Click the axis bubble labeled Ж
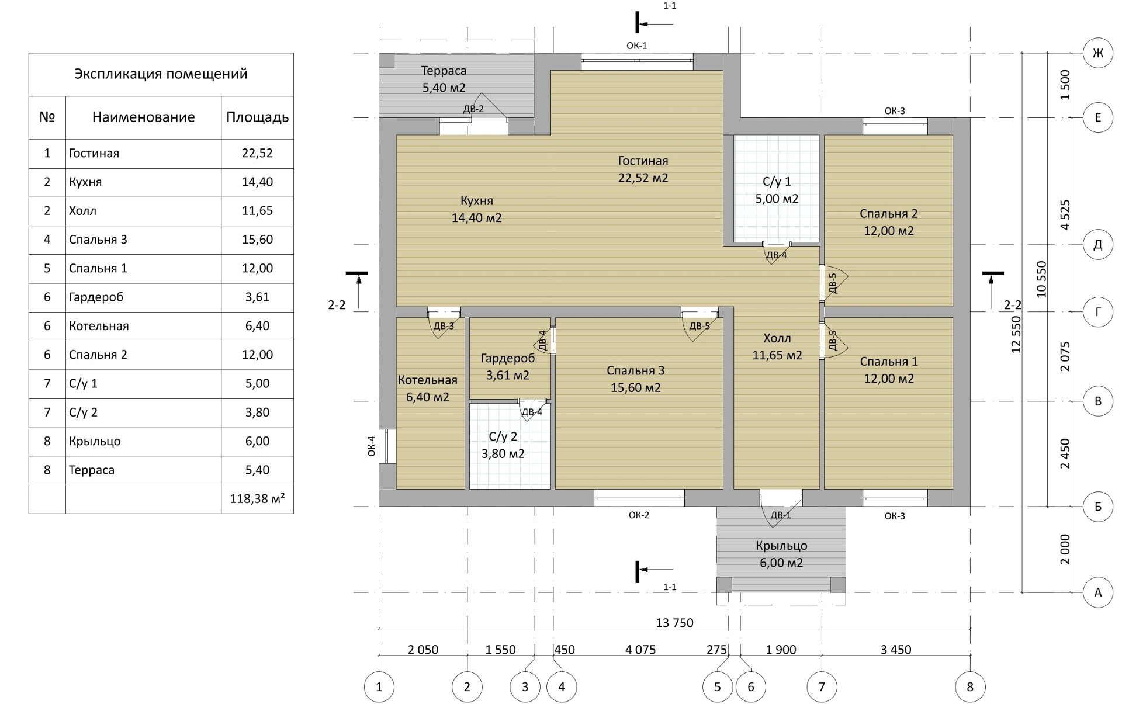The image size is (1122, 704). pos(1097,53)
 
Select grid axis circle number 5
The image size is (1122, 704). pos(718,686)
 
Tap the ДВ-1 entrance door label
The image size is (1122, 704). pos(781,515)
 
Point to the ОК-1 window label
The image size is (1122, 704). pos(636,45)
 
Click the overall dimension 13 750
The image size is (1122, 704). pos(674,623)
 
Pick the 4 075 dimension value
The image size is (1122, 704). pos(640,650)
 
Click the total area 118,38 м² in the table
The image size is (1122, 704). pos(257,499)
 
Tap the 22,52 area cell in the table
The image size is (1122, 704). pos(257,153)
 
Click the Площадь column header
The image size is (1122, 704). pos(257,117)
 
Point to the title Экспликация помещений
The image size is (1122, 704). pos(161,74)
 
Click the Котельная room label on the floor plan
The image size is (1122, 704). pos(428,380)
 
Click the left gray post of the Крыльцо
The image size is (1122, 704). pos(724,584)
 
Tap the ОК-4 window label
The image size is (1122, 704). pos(371,446)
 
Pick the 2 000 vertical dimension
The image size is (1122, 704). pos(1065,549)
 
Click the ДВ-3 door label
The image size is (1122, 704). pos(444,326)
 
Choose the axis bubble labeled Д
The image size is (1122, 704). pos(1097,244)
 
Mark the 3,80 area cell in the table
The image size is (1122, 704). pos(257,412)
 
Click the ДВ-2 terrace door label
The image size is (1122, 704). pos(473,109)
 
